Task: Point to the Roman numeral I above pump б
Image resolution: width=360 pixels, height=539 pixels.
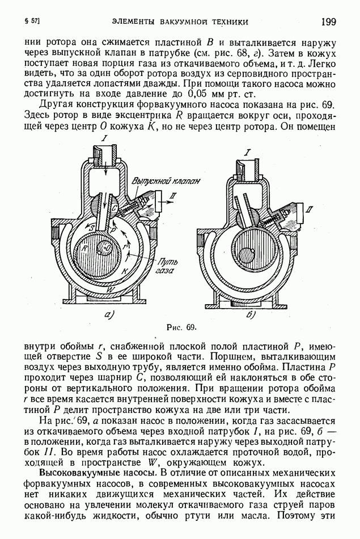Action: click(x=247, y=151)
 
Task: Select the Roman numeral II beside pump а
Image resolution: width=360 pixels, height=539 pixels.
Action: click(x=173, y=195)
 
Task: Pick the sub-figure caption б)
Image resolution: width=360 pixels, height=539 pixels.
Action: click(x=250, y=314)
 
